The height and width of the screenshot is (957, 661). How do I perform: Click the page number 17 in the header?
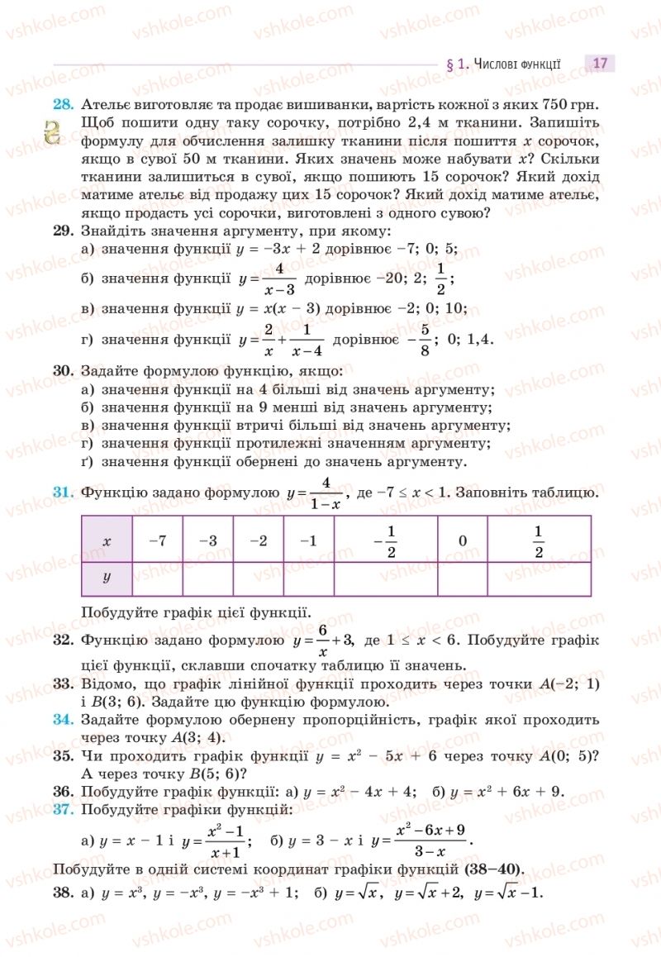(x=600, y=63)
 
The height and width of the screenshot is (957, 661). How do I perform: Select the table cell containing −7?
(x=157, y=540)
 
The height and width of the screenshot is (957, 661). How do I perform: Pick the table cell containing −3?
(x=208, y=540)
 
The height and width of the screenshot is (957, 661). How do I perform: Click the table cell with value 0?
(x=462, y=540)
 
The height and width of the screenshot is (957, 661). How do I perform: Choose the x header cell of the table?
(x=107, y=540)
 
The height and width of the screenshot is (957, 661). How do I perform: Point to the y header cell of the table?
(x=107, y=578)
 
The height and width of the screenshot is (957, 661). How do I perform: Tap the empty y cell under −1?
(x=308, y=578)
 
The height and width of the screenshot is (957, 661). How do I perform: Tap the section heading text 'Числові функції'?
(x=517, y=63)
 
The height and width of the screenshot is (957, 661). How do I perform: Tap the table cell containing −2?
(x=258, y=540)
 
